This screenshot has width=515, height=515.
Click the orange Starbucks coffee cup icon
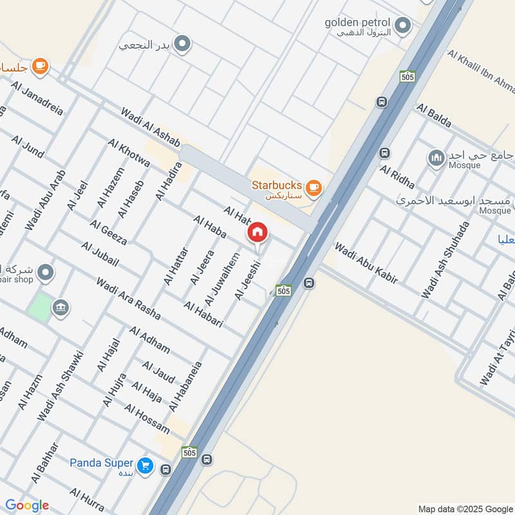[314, 187]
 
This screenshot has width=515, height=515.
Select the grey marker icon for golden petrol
[403, 26]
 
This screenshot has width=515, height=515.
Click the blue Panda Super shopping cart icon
[145, 464]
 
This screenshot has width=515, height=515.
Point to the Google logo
[27, 505]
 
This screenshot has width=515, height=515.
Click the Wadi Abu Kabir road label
[366, 262]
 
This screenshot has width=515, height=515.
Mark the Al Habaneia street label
[185, 387]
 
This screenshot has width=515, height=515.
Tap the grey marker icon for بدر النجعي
[183, 44]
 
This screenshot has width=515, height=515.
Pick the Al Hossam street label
[147, 419]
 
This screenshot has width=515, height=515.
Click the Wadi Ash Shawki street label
[61, 386]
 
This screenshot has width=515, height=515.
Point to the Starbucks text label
[276, 185]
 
